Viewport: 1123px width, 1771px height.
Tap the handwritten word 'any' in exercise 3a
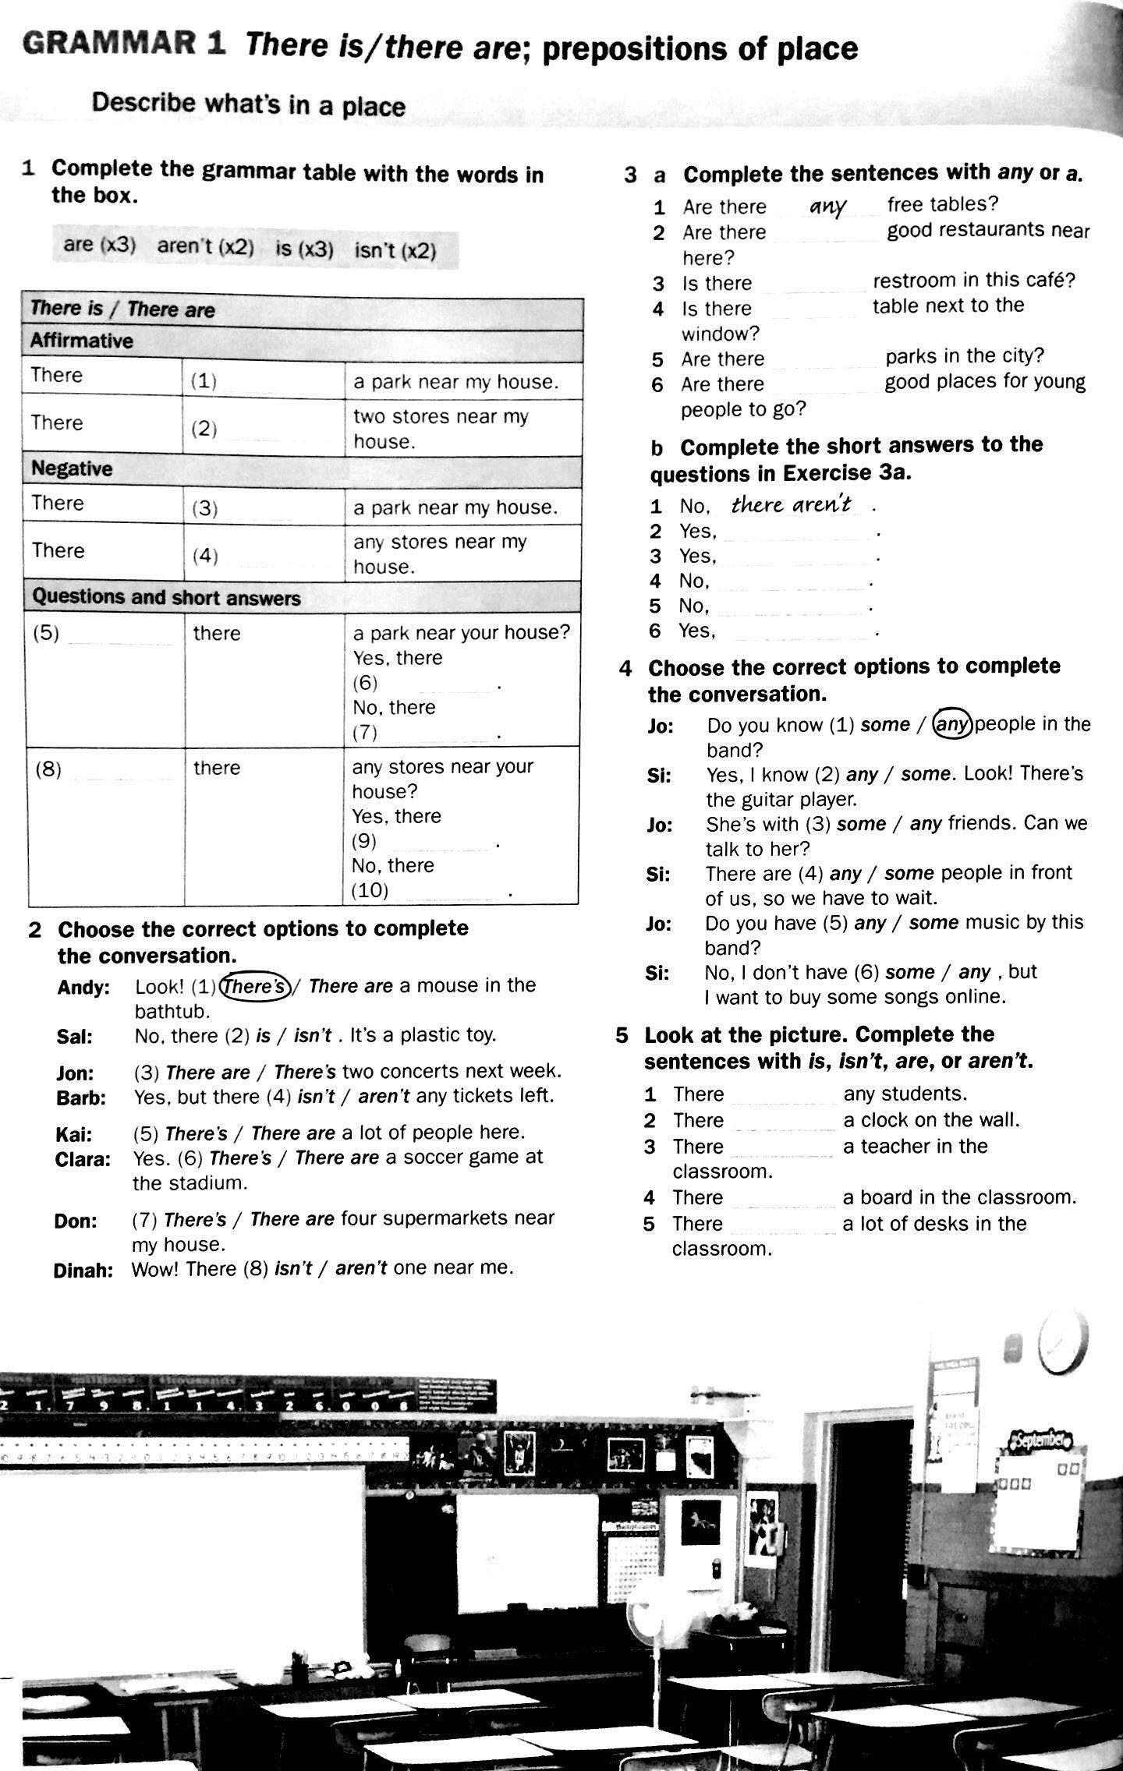click(827, 206)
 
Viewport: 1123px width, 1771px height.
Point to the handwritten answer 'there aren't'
click(792, 504)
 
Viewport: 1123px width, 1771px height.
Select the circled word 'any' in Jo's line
click(953, 724)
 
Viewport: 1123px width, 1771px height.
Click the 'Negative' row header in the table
click(72, 468)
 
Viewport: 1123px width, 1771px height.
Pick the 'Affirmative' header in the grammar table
click(82, 341)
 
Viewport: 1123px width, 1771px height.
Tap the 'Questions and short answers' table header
click(166, 598)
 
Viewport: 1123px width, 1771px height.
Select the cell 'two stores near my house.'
click(441, 429)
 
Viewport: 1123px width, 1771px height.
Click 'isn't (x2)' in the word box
click(395, 250)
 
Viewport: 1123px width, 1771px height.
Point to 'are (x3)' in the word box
click(100, 245)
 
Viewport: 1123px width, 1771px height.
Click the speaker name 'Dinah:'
click(83, 1271)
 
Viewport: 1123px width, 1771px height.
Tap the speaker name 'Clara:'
click(83, 1160)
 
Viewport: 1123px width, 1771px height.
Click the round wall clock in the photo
click(1062, 1341)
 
